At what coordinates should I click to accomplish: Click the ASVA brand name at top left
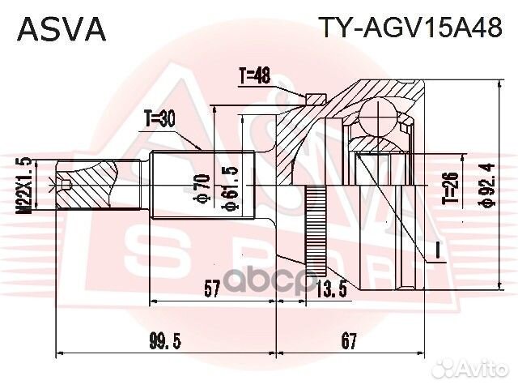coord(62,29)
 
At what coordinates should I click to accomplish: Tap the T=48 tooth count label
coord(254,78)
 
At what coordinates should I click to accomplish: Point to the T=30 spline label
coord(160,119)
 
